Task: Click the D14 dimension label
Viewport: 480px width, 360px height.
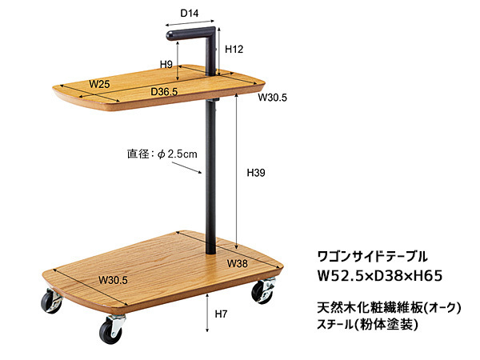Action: (190, 14)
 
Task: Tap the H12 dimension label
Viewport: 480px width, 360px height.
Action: (234, 49)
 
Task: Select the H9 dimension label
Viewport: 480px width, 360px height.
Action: (166, 64)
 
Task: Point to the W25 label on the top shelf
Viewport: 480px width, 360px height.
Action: (99, 83)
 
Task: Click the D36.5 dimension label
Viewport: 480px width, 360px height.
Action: (164, 92)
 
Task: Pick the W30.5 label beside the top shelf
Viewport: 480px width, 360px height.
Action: (272, 97)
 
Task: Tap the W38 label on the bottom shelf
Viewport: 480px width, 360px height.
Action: (237, 263)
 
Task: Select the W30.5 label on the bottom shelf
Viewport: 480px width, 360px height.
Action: (114, 279)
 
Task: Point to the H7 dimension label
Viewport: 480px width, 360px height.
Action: (222, 314)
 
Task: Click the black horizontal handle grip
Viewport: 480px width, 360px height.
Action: (189, 34)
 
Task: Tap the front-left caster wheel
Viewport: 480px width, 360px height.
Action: (50, 304)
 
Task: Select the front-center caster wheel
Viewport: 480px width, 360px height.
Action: (110, 330)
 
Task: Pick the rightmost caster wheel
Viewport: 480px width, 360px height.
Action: (263, 292)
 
